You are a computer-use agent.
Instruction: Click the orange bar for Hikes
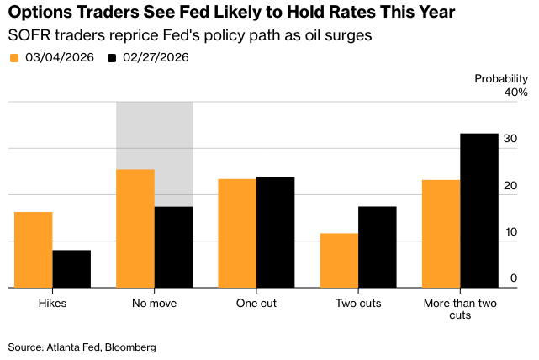(33, 250)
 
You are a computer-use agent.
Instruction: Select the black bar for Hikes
(71, 269)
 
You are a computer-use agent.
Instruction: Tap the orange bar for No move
(135, 229)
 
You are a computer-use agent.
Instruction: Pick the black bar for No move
(173, 247)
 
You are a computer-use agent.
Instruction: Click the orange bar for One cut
(237, 233)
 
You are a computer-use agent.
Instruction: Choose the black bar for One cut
(275, 232)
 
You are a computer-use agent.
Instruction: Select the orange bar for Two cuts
(339, 261)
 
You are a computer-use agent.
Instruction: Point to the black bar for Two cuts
(377, 247)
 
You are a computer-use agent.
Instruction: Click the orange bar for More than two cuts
(441, 234)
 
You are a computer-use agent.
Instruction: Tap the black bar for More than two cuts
(479, 210)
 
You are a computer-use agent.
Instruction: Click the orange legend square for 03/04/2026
(14, 58)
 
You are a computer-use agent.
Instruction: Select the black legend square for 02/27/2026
(114, 58)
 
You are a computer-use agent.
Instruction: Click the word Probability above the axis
(501, 78)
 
